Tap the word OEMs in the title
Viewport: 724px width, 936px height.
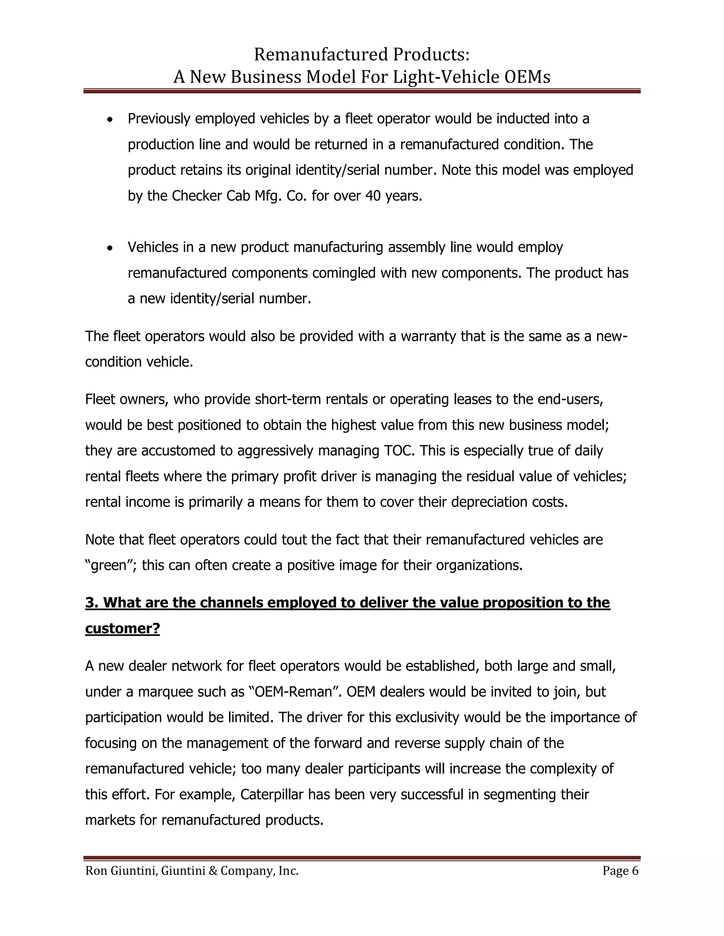tap(527, 77)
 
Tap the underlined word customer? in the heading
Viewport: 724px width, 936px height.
tap(122, 628)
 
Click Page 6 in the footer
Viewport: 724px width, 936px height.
tap(620, 871)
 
